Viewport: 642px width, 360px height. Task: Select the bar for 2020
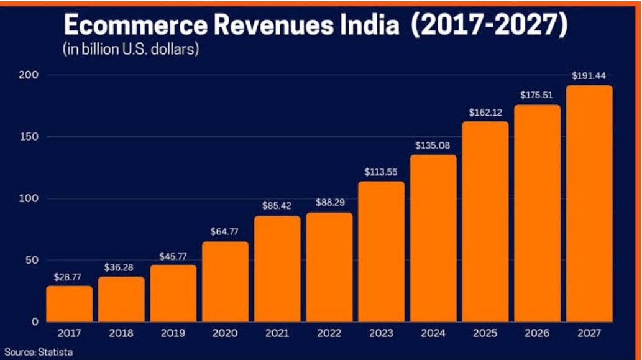pyautogui.click(x=225, y=281)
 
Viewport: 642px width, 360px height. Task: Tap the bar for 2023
pyautogui.click(x=381, y=251)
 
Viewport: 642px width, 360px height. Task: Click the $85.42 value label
pyautogui.click(x=277, y=205)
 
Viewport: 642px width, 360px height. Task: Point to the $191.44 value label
pyautogui.click(x=589, y=75)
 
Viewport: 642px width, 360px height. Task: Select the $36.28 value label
pyautogui.click(x=121, y=266)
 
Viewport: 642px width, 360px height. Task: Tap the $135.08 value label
pyautogui.click(x=433, y=145)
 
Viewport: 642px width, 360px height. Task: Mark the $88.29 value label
pyautogui.click(x=329, y=202)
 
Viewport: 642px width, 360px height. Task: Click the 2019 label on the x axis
pyautogui.click(x=173, y=334)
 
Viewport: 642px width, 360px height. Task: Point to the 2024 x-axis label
pyautogui.click(x=433, y=334)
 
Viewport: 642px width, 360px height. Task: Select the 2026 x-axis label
pyautogui.click(x=537, y=334)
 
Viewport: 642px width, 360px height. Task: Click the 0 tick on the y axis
pyautogui.click(x=35, y=321)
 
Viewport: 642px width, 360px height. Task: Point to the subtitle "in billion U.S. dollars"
pyautogui.click(x=130, y=50)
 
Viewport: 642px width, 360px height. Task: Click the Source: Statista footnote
pyautogui.click(x=39, y=353)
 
